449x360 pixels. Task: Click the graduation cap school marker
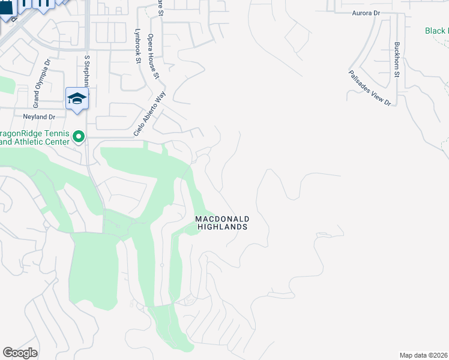[77, 98]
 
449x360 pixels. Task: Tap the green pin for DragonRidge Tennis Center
[78, 137]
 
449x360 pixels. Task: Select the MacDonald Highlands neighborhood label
[222, 223]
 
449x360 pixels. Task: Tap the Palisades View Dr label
[370, 88]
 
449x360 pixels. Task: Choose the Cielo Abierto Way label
[149, 113]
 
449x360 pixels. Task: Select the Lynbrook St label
[137, 51]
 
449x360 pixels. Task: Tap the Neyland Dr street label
[39, 117]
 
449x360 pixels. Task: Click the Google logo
[20, 353]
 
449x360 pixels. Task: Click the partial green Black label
[435, 31]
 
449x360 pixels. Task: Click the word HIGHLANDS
[222, 227]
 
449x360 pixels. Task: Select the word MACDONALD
[222, 219]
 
